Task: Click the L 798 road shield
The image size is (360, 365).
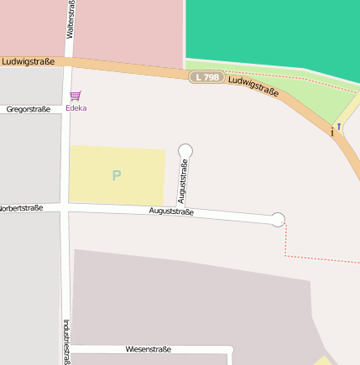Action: click(x=206, y=77)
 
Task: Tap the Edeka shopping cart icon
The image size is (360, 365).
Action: click(x=76, y=96)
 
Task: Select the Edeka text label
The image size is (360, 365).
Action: click(x=76, y=108)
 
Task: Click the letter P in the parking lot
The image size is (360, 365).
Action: click(x=116, y=175)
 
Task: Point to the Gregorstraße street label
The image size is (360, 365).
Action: click(x=29, y=109)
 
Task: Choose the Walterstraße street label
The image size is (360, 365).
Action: click(x=69, y=19)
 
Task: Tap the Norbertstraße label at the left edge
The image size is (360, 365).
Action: click(x=20, y=207)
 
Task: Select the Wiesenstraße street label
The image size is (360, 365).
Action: click(x=148, y=349)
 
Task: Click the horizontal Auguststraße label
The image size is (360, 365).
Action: click(x=171, y=211)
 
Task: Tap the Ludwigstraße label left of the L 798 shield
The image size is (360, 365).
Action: click(x=29, y=61)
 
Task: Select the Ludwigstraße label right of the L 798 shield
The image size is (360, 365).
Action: click(x=253, y=86)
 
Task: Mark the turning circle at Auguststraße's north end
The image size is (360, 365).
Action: click(x=185, y=151)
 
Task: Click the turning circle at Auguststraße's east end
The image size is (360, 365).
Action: click(x=278, y=220)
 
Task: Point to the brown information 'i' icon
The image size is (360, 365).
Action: click(x=332, y=132)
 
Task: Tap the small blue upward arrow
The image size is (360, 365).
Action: click(x=339, y=127)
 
